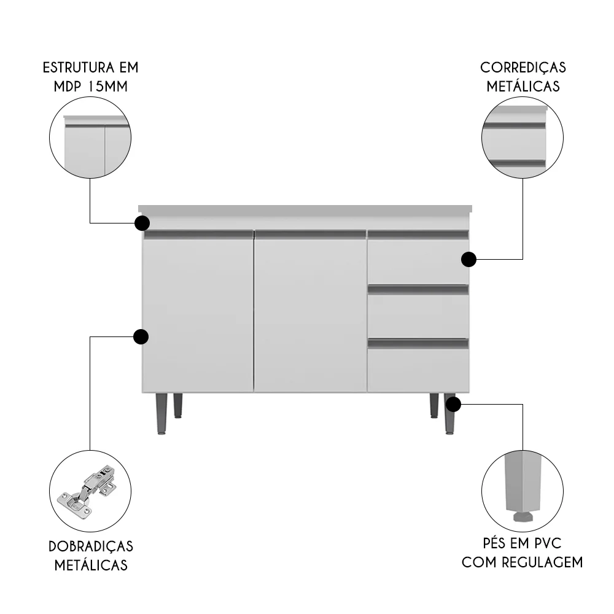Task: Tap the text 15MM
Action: pos(107,85)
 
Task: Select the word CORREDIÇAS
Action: pos(523,67)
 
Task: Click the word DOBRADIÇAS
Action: pos(91,546)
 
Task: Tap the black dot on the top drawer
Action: pos(468,260)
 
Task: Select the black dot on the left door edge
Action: pos(141,336)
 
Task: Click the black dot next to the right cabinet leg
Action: pos(453,405)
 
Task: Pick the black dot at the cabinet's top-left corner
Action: pos(142,222)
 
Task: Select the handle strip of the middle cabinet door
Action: pos(311,234)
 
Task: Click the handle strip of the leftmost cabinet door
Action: pos(198,234)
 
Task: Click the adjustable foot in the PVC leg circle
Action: pos(523,514)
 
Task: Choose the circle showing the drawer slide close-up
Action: pos(523,138)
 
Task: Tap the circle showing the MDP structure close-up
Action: pos(90,138)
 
